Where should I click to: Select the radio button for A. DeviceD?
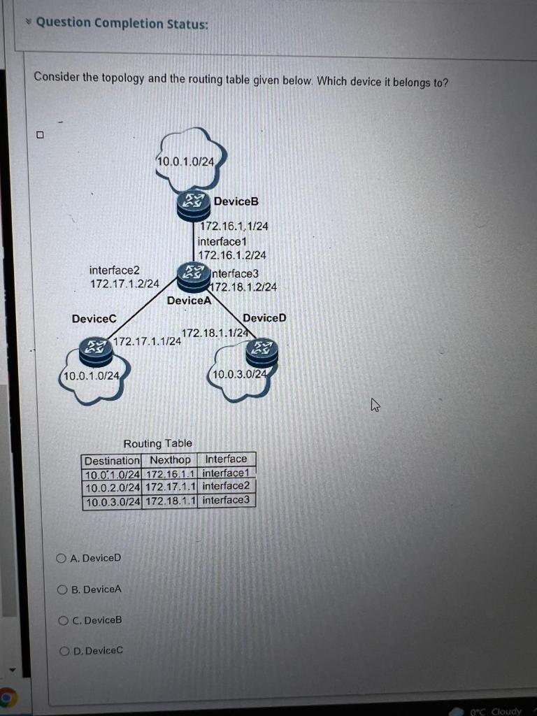[62, 558]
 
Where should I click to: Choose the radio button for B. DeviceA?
[63, 589]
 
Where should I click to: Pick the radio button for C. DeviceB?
[63, 620]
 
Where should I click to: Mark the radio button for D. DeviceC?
[65, 651]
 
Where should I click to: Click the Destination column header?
[112, 461]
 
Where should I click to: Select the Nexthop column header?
[170, 460]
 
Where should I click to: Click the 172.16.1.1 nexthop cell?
[170, 473]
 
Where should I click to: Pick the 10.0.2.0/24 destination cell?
[112, 487]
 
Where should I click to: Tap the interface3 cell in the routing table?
[227, 500]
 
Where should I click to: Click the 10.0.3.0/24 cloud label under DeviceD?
[239, 375]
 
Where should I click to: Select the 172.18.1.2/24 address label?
[244, 287]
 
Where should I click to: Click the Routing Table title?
[157, 443]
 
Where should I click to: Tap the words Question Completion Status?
[122, 23]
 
